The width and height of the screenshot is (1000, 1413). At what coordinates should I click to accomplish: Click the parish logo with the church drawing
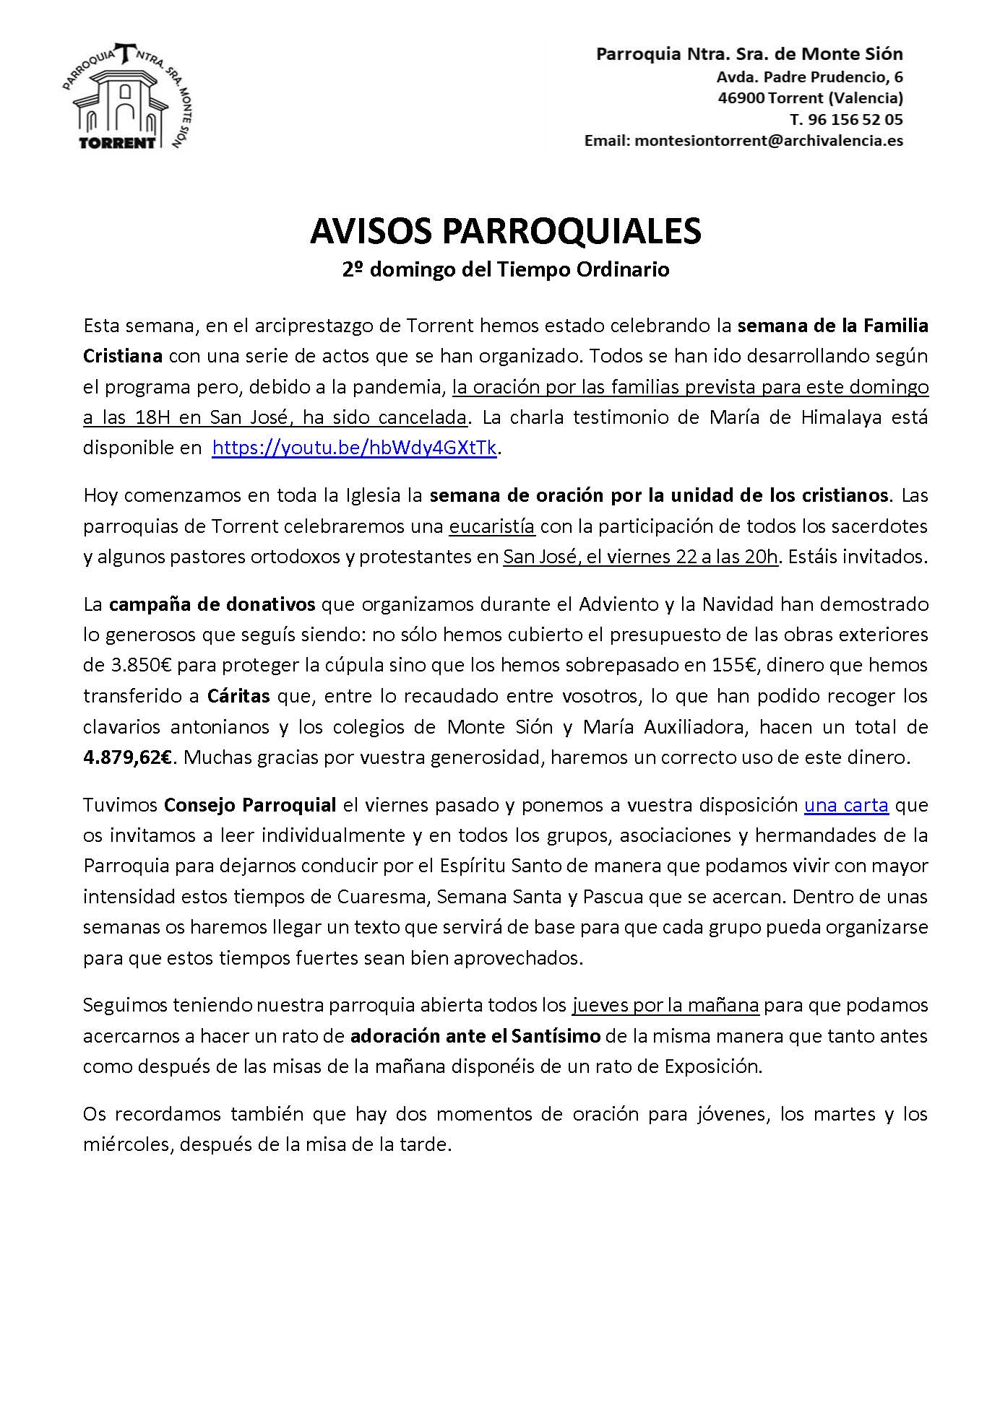coord(126,97)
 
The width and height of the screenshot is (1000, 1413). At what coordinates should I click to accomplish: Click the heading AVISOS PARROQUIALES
coord(505,231)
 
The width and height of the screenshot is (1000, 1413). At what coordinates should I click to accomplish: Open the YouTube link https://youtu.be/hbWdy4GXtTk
coord(354,448)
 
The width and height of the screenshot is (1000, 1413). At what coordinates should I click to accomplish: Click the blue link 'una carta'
coord(845,805)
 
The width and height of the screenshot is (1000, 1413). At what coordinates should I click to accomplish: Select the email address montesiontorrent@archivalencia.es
coord(768,141)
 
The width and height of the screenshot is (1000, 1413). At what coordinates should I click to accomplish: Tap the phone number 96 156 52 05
coord(855,119)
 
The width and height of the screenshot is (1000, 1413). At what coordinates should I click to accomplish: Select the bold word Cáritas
coord(238,696)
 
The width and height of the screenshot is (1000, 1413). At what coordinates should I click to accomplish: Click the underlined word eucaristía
coord(492,526)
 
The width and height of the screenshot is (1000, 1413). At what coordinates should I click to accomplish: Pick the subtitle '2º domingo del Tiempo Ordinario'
coord(505,269)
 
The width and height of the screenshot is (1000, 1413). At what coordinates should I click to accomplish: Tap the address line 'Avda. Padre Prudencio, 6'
coord(809,77)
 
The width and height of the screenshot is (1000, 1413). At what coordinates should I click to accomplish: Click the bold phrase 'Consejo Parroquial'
coord(250,805)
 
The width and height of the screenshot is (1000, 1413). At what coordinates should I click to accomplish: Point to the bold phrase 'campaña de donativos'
coord(212,604)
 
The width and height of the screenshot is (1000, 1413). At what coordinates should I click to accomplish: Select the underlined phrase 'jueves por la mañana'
coord(665,1005)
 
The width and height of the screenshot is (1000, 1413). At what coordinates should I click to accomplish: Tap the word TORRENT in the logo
coord(117,142)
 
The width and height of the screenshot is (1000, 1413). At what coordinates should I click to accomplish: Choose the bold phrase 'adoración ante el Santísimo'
coord(475,1036)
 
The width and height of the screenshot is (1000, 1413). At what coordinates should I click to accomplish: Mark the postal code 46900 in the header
coord(741,98)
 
